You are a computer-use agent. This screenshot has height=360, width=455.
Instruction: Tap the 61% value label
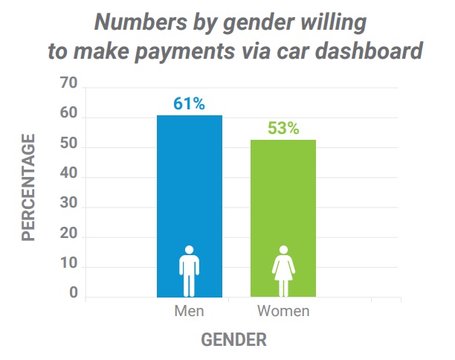pyautogui.click(x=189, y=103)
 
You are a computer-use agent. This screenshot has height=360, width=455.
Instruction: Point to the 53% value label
pyautogui.click(x=283, y=128)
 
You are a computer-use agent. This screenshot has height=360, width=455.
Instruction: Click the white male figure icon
pyautogui.click(x=189, y=271)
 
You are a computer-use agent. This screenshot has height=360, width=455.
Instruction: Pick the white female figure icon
pyautogui.click(x=283, y=271)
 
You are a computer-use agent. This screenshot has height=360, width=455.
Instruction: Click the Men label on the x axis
pyautogui.click(x=189, y=311)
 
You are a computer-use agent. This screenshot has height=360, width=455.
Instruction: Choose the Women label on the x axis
pyautogui.click(x=283, y=311)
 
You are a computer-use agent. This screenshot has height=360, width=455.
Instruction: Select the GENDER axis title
pyautogui.click(x=234, y=340)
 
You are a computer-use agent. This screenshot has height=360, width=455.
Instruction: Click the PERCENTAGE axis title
pyautogui.click(x=29, y=187)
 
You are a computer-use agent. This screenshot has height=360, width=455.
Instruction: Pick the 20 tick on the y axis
pyautogui.click(x=68, y=236)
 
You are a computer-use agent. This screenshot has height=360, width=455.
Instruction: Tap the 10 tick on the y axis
pyautogui.click(x=68, y=266)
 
